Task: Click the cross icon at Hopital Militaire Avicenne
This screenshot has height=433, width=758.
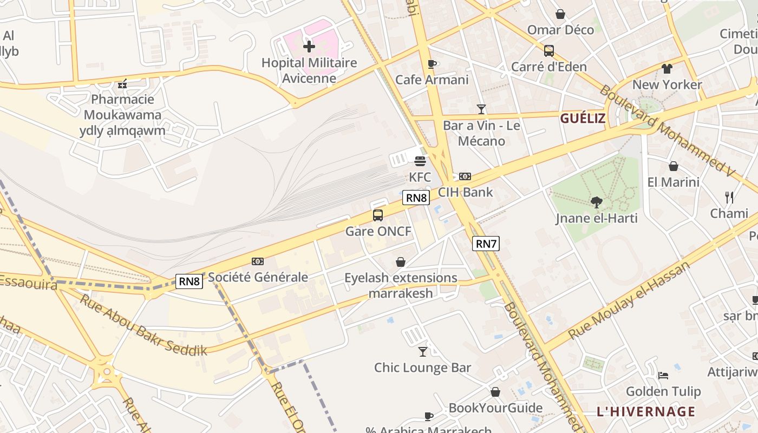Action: pyautogui.click(x=309, y=47)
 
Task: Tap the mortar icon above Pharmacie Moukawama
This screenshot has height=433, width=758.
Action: pyautogui.click(x=123, y=83)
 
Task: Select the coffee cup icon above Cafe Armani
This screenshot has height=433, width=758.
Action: pyautogui.click(x=432, y=64)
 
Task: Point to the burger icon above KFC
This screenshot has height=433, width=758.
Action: pyautogui.click(x=420, y=161)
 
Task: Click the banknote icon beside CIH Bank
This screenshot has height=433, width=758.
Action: pyautogui.click(x=465, y=176)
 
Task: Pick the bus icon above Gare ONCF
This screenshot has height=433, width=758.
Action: pyautogui.click(x=378, y=215)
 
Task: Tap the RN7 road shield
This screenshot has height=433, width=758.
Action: pyautogui.click(x=486, y=244)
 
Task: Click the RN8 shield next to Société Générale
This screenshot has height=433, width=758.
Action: pyautogui.click(x=190, y=281)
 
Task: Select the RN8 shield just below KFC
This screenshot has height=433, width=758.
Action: pyautogui.click(x=416, y=198)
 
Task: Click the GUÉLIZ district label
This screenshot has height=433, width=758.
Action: pyautogui.click(x=583, y=119)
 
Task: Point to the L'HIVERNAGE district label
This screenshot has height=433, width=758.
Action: pyautogui.click(x=646, y=411)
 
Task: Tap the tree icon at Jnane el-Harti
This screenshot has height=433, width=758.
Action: pyautogui.click(x=596, y=202)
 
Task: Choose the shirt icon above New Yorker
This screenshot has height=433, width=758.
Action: pyautogui.click(x=666, y=69)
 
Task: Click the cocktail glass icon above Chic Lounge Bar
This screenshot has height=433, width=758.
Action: pyautogui.click(x=423, y=352)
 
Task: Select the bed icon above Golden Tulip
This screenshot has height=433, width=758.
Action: pyautogui.click(x=663, y=375)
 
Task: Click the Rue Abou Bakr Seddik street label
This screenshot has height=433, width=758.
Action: pyautogui.click(x=143, y=325)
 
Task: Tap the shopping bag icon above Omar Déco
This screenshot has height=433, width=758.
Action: pyautogui.click(x=560, y=14)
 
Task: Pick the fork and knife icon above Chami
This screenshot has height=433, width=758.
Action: pyautogui.click(x=729, y=198)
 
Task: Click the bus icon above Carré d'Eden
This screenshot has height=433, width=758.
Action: pyautogui.click(x=549, y=51)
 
